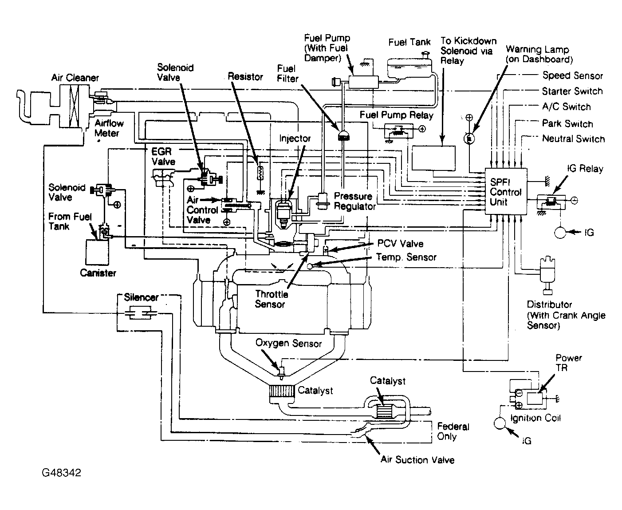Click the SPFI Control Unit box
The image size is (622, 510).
(x=506, y=192)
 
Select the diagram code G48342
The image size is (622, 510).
(x=62, y=473)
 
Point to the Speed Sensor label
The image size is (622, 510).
(x=572, y=75)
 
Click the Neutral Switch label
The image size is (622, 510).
(x=573, y=139)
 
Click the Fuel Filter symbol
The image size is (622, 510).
(x=343, y=136)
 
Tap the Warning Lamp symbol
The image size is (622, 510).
(x=469, y=139)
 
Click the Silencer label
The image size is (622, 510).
(x=141, y=297)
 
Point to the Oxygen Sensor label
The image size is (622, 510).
(x=288, y=343)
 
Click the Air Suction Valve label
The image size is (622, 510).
(x=417, y=460)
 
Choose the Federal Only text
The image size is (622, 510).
(x=453, y=431)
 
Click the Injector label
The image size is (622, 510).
(x=295, y=138)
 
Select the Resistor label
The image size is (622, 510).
(x=245, y=76)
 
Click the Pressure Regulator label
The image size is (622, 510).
(x=354, y=201)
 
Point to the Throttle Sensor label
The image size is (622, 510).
(x=272, y=299)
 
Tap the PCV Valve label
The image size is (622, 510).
(x=400, y=243)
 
